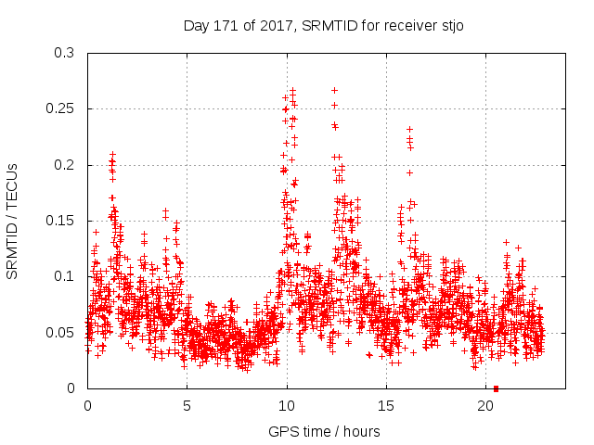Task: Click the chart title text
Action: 323,26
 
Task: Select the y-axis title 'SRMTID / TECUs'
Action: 12,221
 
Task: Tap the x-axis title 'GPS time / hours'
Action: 323,431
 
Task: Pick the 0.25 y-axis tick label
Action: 63,108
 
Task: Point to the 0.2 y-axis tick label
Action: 67,165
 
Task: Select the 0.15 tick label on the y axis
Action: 63,221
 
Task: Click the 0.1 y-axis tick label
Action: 67,276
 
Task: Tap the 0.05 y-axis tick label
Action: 63,332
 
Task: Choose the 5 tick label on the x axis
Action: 187,406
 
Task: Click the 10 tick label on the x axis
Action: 287,406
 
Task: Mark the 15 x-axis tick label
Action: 386,406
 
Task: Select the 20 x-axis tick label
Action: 485,406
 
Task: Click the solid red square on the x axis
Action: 496,388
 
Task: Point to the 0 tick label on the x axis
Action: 88,406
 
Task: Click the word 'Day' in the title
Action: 198,26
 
